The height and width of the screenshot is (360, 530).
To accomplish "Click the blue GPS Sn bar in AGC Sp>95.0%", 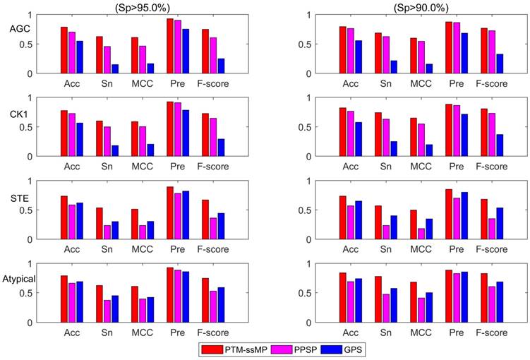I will point(114,68).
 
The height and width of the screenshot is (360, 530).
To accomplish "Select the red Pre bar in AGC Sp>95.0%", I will point(169,46).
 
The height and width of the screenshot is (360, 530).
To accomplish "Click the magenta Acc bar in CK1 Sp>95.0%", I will point(72,135).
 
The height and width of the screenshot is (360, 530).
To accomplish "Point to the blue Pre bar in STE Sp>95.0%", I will point(186,215).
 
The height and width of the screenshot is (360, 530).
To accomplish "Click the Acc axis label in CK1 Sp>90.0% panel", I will point(351,167).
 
